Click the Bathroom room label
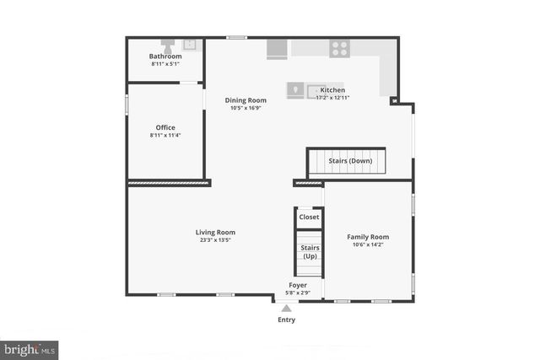(165, 56)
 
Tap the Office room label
(165, 127)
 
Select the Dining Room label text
(246, 100)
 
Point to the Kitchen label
(332, 90)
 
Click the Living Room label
(215, 232)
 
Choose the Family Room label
(368, 237)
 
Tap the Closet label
(310, 217)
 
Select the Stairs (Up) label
(310, 251)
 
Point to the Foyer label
(298, 285)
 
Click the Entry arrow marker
(287, 309)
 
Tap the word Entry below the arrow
(287, 320)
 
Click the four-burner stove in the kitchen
(340, 48)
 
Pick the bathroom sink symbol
(190, 44)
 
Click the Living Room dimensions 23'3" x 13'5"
(215, 240)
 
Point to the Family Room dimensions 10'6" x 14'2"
(368, 245)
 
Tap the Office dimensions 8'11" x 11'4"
(165, 135)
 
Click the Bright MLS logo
(30, 348)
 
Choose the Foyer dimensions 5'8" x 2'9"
(298, 293)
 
